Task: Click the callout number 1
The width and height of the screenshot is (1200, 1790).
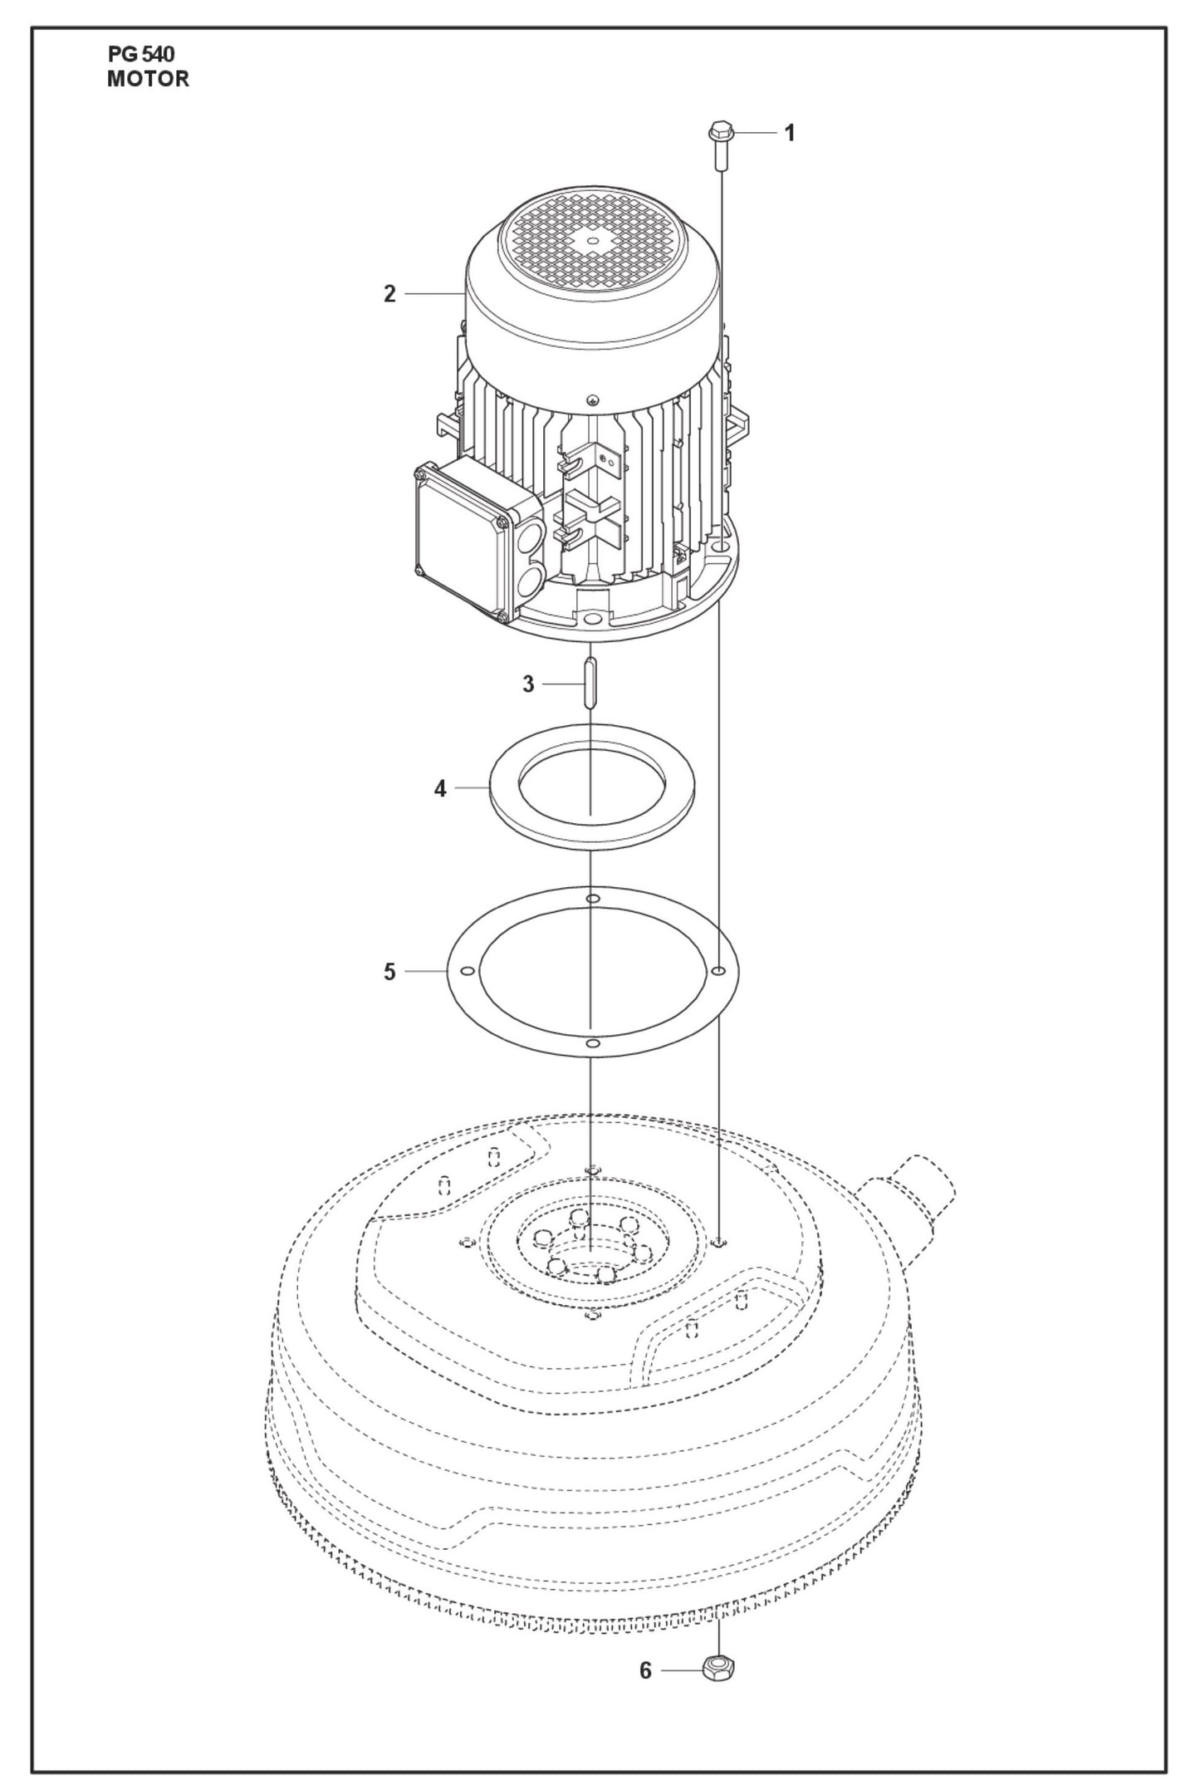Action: click(790, 133)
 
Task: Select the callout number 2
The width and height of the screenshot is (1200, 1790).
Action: click(389, 294)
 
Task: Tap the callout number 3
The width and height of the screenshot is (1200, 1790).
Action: click(528, 684)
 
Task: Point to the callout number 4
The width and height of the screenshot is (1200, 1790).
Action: click(440, 788)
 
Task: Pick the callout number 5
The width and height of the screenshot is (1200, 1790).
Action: click(389, 972)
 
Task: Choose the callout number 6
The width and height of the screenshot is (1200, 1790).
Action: click(645, 1670)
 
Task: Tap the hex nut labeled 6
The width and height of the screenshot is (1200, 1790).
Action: click(718, 1667)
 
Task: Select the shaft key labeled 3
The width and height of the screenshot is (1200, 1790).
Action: click(590, 682)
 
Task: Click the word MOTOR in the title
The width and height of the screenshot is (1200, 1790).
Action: click(148, 80)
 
